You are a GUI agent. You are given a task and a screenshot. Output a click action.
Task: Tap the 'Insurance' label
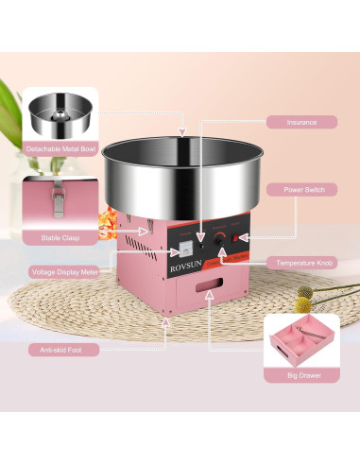[x=301, y=122]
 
